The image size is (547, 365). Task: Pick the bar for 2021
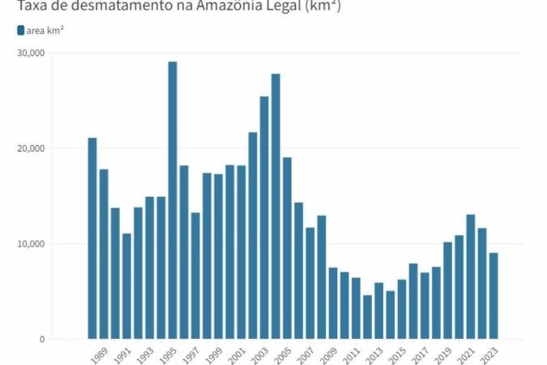coord(470,277)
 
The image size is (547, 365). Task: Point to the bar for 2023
coord(493,296)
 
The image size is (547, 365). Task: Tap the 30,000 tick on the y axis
coord(31,53)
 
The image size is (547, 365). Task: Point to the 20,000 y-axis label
coord(31,148)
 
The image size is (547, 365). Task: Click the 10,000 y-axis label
coord(31,243)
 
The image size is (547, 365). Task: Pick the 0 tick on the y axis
coord(41,339)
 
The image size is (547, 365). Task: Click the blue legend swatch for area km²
coord(20,30)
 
